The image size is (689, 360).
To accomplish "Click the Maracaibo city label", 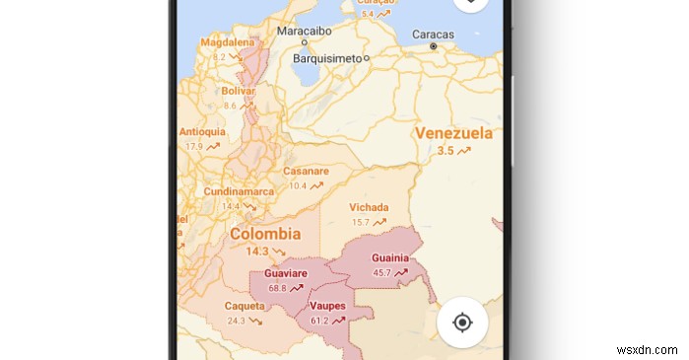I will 304,32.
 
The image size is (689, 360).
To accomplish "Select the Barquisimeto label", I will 328,58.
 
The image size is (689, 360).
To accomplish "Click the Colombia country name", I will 265,234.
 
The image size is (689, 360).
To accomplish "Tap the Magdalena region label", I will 228,43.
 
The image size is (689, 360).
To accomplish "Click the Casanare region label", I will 306,171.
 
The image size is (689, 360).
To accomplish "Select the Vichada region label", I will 369,207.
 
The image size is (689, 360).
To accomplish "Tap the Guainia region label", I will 390,258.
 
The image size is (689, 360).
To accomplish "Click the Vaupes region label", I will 327,306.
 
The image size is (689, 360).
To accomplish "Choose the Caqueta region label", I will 244,306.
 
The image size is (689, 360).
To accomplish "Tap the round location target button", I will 461,322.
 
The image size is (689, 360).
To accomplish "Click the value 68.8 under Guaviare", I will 277,288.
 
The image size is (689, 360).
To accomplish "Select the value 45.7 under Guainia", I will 382,272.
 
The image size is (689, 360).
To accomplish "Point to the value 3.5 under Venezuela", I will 446,151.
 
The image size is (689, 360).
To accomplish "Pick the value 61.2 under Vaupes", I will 319,321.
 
